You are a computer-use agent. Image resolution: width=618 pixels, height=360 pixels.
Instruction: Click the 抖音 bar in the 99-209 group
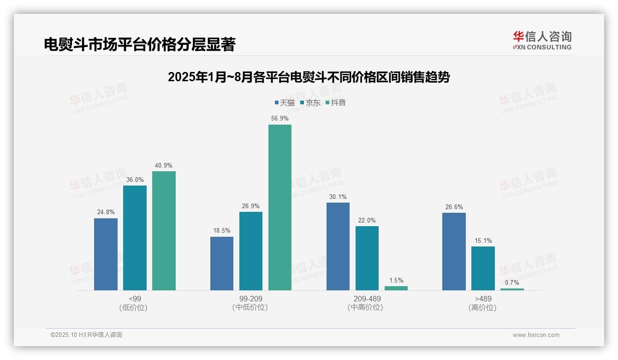[280, 207]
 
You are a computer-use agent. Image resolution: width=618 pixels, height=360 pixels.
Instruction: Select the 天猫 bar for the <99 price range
[106, 254]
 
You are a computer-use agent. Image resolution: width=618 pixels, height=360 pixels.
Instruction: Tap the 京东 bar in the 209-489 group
[367, 258]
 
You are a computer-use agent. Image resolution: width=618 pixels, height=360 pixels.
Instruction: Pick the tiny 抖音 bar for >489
[512, 289]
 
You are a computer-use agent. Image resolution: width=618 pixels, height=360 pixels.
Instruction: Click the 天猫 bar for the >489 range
[454, 252]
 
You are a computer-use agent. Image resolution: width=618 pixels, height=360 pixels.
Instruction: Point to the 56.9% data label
[280, 119]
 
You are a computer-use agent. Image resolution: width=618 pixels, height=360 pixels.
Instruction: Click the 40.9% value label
[164, 165]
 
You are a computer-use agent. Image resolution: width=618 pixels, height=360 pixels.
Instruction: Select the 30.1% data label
[338, 197]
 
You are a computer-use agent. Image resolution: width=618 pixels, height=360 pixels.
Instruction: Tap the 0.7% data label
[512, 282]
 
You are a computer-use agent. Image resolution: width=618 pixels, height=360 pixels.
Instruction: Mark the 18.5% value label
[222, 231]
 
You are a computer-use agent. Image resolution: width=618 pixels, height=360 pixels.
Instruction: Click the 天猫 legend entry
[285, 103]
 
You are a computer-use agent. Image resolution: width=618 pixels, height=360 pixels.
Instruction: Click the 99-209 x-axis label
[251, 299]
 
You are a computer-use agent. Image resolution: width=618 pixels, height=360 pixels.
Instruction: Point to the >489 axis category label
[483, 299]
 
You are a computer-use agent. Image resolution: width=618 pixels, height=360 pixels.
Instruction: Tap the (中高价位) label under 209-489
[365, 307]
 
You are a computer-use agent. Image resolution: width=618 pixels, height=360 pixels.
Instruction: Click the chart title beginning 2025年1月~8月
[309, 77]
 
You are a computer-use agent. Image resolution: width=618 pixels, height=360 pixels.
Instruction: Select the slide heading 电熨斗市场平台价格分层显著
[140, 44]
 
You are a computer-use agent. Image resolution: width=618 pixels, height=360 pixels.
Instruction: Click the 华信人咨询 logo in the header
[542, 40]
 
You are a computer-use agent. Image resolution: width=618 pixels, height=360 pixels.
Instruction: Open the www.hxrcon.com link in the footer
[536, 335]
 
